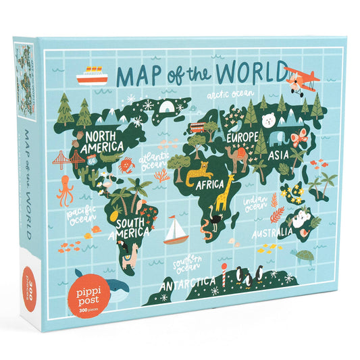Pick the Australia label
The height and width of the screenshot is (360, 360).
272,234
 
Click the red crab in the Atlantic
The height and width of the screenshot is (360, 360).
126,164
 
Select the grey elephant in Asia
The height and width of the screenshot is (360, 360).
278,138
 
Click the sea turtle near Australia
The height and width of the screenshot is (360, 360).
306,255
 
